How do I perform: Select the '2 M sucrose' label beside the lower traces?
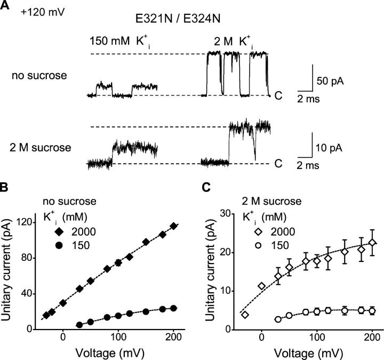tap(40, 144)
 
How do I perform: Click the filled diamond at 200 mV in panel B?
tap(173, 226)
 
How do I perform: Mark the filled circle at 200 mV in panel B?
tap(173, 308)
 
